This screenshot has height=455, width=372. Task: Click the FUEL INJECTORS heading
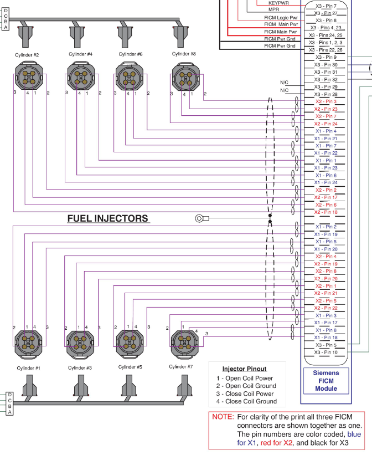click(x=108, y=218)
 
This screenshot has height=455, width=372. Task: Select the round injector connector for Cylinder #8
click(x=184, y=76)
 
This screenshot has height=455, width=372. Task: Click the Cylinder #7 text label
click(x=181, y=366)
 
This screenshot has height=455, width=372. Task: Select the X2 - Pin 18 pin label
click(x=325, y=212)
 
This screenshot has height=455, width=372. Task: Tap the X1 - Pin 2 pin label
click(x=326, y=227)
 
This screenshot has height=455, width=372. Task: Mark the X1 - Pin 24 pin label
click(x=326, y=182)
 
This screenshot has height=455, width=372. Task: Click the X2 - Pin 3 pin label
click(x=326, y=102)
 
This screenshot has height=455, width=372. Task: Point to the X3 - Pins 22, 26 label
click(x=326, y=50)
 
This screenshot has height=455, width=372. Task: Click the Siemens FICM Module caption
click(x=326, y=381)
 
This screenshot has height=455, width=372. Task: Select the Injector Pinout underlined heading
click(x=244, y=369)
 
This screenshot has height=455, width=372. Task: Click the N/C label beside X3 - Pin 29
click(x=285, y=83)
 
